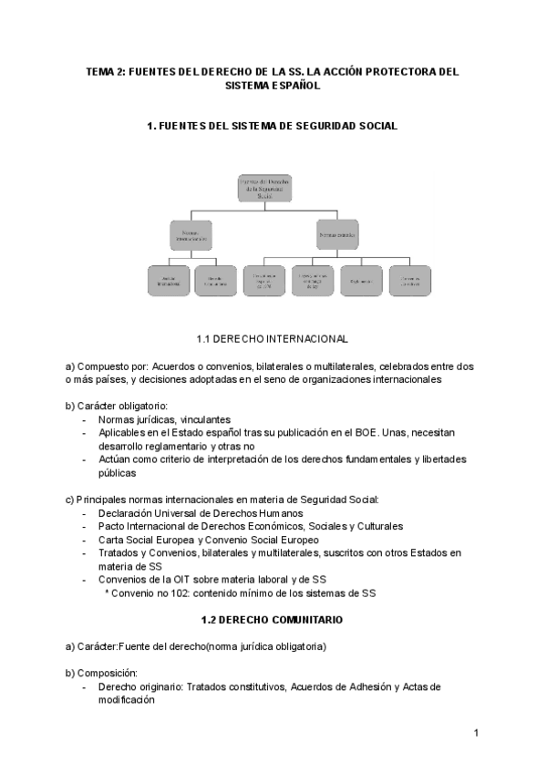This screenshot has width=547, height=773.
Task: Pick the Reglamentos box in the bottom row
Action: tap(360, 281)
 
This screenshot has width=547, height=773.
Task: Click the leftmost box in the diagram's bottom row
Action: tap(168, 281)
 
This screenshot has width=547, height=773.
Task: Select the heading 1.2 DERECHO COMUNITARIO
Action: tap(272, 620)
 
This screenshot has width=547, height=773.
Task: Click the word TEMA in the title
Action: tap(101, 70)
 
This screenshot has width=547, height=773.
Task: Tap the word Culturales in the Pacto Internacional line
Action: tap(376, 526)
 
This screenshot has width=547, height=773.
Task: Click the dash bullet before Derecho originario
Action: tap(85, 686)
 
